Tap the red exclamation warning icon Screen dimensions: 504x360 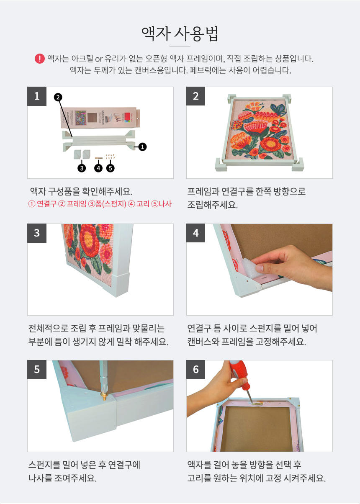pos(39,58)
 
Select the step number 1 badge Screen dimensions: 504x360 pos(37,96)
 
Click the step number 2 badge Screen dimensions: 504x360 pos(196,96)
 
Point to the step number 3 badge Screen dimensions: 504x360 pos(37,233)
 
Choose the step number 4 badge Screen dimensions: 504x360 pos(196,233)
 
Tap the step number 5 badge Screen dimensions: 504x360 pos(37,370)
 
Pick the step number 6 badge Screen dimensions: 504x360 pos(196,370)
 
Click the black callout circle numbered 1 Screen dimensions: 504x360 pos(142,147)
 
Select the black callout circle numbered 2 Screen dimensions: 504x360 pos(58,97)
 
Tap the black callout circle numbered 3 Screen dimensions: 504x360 pos(82,168)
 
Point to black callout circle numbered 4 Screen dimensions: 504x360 pos(98,168)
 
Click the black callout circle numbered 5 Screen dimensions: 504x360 pos(111,168)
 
